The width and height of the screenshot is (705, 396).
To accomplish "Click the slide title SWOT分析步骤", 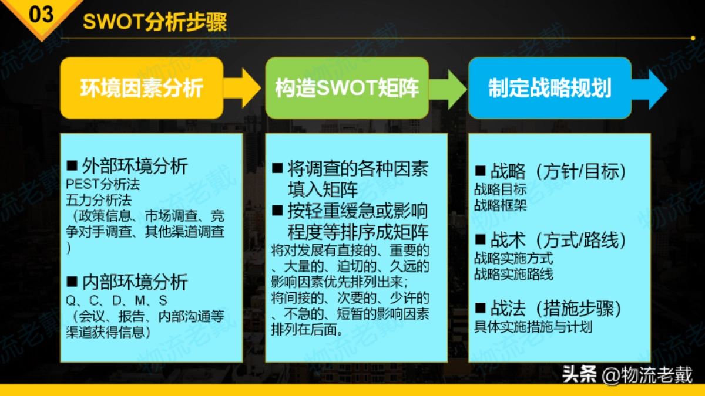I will [155, 22].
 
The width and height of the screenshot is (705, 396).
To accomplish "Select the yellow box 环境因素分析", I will [142, 88].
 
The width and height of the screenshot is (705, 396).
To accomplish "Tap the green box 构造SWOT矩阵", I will [347, 88].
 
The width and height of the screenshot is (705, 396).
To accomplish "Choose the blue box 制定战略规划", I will [549, 88].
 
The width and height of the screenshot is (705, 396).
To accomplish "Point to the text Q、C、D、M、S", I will [117, 302].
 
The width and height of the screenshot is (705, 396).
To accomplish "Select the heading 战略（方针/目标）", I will [550, 171].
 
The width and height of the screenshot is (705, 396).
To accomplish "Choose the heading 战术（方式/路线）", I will [550, 240].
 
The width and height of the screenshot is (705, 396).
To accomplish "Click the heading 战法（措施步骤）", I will [548, 309].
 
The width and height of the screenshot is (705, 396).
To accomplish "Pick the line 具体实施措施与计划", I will [533, 327].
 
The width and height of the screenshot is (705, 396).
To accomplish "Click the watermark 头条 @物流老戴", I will [627, 374].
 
